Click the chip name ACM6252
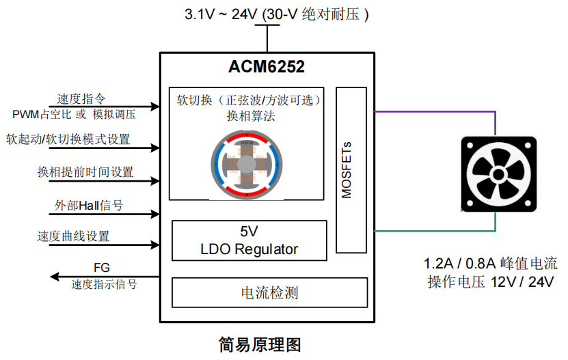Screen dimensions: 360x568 (266, 68)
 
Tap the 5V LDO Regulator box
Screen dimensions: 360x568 (249, 240)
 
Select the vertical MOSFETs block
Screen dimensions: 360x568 (351, 169)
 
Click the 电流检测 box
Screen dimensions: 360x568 (269, 293)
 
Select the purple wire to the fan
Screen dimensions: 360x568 (437, 111)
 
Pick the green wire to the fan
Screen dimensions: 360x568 (437, 231)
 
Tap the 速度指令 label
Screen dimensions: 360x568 (81, 98)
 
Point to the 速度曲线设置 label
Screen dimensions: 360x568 (73, 236)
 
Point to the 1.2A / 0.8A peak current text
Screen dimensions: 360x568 (490, 262)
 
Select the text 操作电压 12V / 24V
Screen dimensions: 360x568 (490, 282)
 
